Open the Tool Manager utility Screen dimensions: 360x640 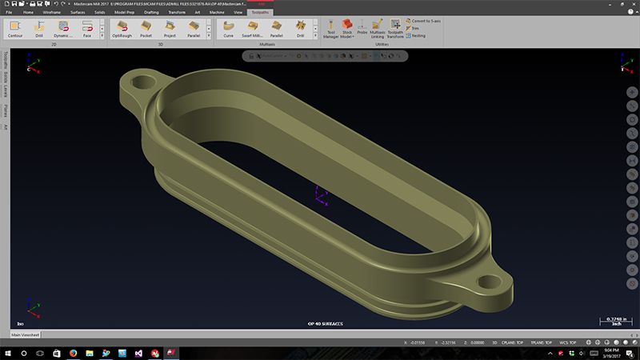(331, 30)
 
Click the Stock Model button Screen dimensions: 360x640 (347, 30)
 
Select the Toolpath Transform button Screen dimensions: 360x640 (395, 30)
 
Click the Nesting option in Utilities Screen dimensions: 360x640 (417, 36)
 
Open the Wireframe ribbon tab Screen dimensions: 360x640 (52, 13)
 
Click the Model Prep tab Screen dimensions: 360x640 (124, 13)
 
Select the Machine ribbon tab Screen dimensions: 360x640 (217, 13)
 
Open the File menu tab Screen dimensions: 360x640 (9, 13)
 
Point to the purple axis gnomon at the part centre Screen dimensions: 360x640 (319, 194)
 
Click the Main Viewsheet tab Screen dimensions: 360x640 (26, 334)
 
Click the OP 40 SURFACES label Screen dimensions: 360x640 (325, 324)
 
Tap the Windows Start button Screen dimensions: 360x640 (7, 352)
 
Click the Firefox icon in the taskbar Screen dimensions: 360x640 (73, 352)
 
